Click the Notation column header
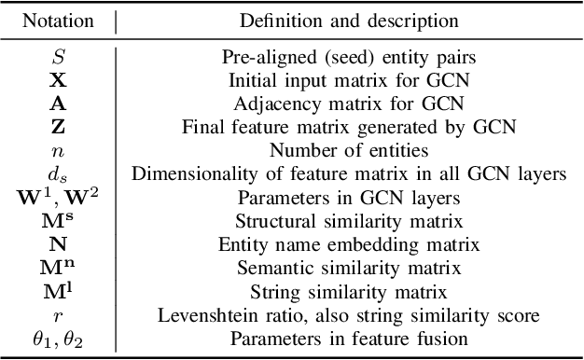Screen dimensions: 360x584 click(x=58, y=21)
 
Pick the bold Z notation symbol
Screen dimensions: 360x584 click(x=58, y=122)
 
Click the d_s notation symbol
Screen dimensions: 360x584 click(x=58, y=172)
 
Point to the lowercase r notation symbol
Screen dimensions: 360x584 click(x=58, y=317)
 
